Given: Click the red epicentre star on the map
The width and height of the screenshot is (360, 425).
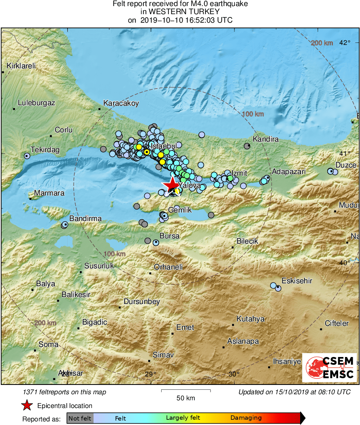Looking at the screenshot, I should [172, 184].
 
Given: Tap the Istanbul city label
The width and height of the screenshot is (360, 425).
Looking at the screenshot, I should [163, 146].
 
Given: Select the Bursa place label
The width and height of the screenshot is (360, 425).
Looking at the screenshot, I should [169, 236].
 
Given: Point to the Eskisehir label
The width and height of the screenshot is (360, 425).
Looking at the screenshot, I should [297, 280].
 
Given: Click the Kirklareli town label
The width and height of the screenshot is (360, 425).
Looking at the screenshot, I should [21, 66].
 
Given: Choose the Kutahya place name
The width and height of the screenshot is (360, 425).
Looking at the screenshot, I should [250, 319].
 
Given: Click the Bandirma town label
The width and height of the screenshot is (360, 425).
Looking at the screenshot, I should [85, 219].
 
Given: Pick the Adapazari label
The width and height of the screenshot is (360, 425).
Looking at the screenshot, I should [288, 172].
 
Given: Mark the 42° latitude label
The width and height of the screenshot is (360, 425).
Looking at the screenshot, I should [345, 42].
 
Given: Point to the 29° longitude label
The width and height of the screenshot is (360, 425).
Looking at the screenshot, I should [150, 374].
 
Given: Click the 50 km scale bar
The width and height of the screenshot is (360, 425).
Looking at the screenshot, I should [186, 391].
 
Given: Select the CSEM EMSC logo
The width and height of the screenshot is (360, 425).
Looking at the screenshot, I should [329, 368].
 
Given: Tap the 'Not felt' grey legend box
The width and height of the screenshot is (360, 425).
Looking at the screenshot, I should [80, 418].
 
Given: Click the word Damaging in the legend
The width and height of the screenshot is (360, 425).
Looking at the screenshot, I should [246, 418].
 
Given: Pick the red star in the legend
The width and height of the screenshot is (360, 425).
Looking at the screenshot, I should [27, 406].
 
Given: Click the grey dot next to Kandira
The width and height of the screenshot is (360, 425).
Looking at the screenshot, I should [247, 146].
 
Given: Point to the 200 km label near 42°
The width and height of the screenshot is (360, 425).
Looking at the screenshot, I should [322, 43].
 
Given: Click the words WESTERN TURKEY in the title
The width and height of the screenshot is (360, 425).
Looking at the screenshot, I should [180, 12].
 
